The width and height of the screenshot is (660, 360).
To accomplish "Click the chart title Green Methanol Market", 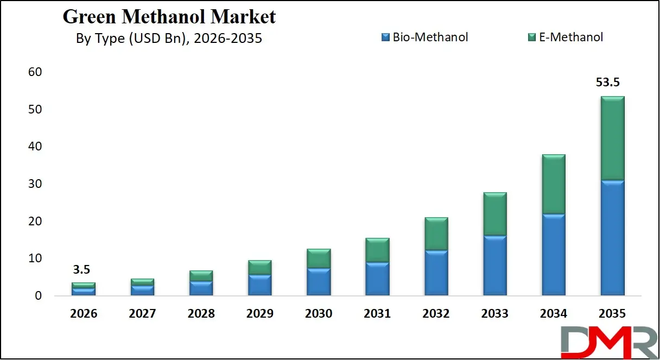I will pyautogui.click(x=169, y=17).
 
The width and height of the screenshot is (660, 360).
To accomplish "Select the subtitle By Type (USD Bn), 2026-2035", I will pyautogui.click(x=169, y=39).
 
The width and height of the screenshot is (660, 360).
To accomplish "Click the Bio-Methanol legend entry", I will pyautogui.click(x=424, y=37).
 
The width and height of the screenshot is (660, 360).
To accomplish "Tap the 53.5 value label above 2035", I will pyautogui.click(x=608, y=83).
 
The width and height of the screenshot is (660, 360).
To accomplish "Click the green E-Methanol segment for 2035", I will pyautogui.click(x=612, y=138).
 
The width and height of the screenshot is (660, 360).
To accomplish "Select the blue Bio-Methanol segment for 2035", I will pyautogui.click(x=612, y=238).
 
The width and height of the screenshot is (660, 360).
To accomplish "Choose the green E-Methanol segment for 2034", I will pyautogui.click(x=554, y=184).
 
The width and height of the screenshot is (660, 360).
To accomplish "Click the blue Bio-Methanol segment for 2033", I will pyautogui.click(x=495, y=266).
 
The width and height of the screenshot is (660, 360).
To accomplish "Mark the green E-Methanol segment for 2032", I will pyautogui.click(x=436, y=233).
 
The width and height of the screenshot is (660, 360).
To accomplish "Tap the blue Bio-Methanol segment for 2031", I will pyautogui.click(x=377, y=279).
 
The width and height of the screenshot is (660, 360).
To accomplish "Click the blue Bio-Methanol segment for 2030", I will pyautogui.click(x=319, y=282).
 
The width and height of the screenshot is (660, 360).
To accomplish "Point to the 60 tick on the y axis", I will pyautogui.click(x=35, y=72).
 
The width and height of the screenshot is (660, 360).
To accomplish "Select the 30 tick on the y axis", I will pyautogui.click(x=35, y=184).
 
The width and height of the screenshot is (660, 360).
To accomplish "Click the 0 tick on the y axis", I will pyautogui.click(x=38, y=296).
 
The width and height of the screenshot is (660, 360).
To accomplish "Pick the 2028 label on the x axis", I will pyautogui.click(x=201, y=314).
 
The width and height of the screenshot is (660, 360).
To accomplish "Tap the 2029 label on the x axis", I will pyautogui.click(x=259, y=314).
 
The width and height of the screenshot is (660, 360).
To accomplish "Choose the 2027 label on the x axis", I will pyautogui.click(x=142, y=314).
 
